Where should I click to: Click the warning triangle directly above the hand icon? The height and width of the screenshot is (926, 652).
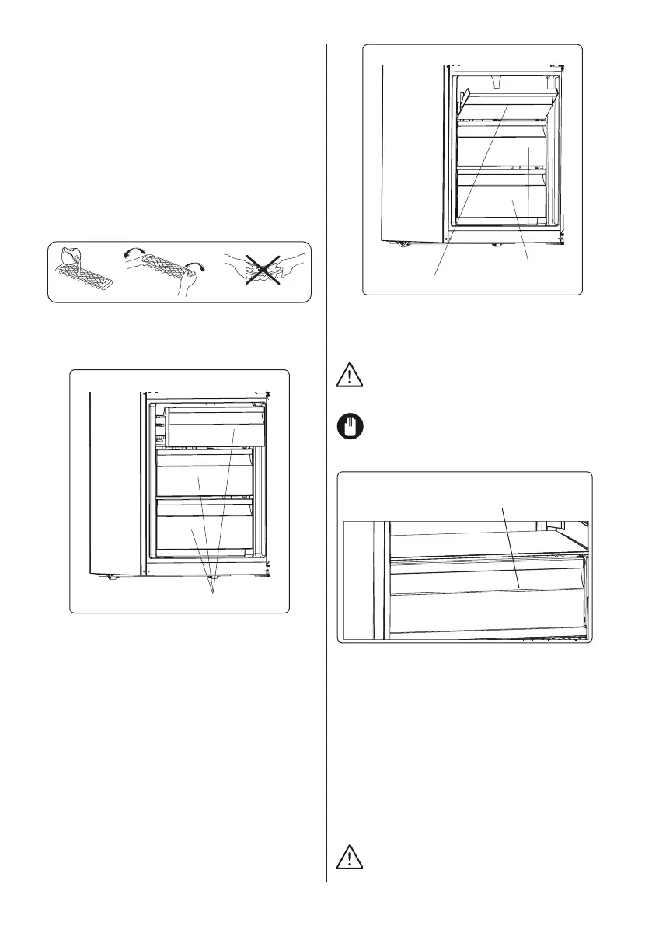click(x=350, y=376)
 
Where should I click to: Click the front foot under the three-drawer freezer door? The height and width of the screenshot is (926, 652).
click(x=110, y=576)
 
